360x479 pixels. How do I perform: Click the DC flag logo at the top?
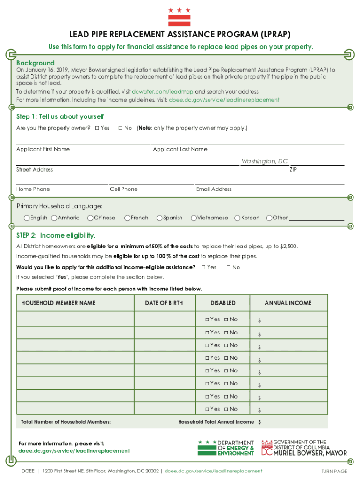[180, 17]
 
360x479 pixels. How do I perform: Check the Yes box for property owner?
[97, 128]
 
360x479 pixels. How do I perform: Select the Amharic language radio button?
[54, 218]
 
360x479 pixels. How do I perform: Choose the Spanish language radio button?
[159, 218]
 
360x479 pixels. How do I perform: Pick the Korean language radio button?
[238, 218]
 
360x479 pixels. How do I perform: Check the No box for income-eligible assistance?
[229, 267]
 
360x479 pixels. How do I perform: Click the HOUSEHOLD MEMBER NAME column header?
[58, 303]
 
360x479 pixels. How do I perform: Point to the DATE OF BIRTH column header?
[164, 303]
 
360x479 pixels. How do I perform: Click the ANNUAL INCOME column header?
[288, 303]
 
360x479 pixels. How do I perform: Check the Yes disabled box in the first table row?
[207, 319]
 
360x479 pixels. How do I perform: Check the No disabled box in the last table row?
[226, 409]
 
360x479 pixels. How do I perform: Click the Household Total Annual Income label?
[216, 422]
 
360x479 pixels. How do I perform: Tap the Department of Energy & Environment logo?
[226, 448]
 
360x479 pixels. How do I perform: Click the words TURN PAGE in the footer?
[334, 471]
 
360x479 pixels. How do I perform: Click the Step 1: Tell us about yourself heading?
[60, 116]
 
